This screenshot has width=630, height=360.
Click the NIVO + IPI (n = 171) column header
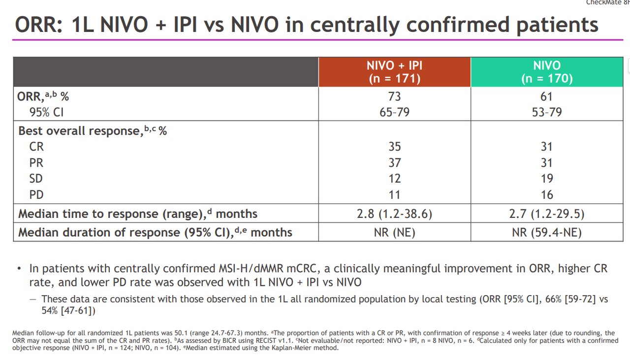(394, 72)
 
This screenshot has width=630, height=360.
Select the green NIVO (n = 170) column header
(546, 72)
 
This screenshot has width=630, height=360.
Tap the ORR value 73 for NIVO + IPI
(394, 96)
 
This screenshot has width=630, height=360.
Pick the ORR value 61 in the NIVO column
(546, 96)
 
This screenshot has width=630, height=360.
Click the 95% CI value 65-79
(394, 112)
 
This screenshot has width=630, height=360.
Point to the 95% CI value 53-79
(546, 112)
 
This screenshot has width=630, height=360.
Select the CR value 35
(394, 147)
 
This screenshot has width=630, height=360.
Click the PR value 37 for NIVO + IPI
(394, 162)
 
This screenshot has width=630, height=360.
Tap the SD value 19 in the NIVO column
(546, 179)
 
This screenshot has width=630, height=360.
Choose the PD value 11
(394, 195)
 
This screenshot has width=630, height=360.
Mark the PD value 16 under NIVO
(546, 195)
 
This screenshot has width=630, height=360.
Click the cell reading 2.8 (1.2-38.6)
(394, 214)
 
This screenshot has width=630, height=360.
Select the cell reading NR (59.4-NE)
(546, 232)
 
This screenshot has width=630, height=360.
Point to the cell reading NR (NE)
(394, 232)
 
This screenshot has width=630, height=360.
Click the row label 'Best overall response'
(79, 131)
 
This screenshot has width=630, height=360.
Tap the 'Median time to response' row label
(108, 214)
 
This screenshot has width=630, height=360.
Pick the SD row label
(36, 179)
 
